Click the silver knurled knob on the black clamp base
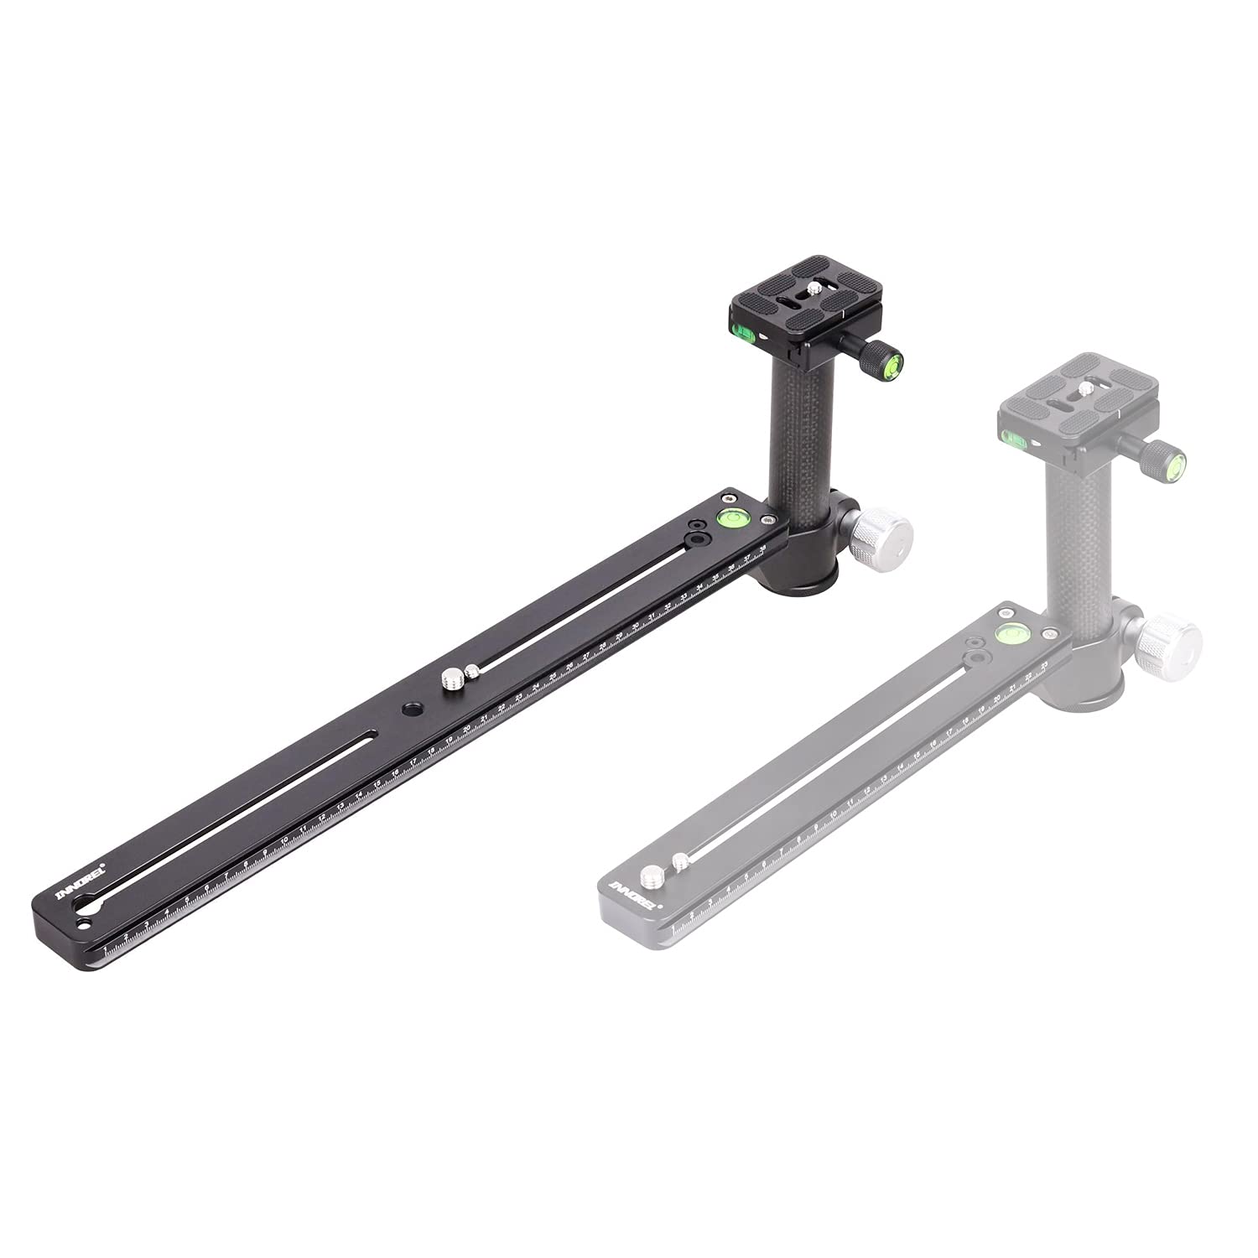tap(881, 534)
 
